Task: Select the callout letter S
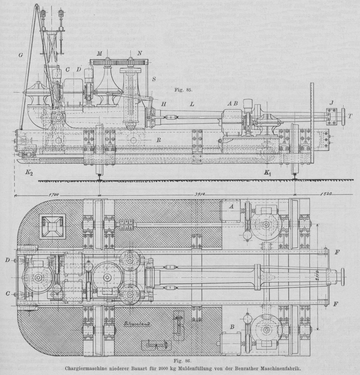pyautogui.click(x=154, y=79)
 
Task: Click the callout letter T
pyautogui.click(x=351, y=116)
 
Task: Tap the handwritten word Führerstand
pyautogui.click(x=131, y=324)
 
